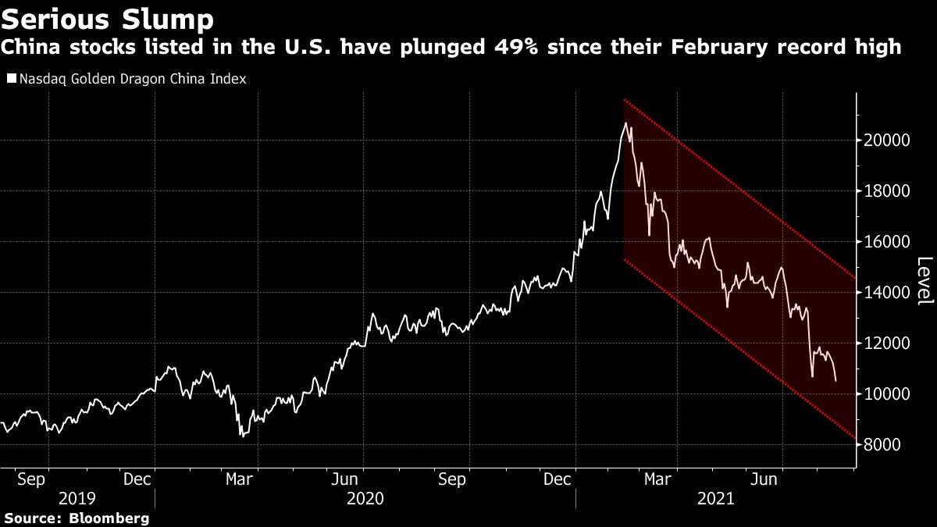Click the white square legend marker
point(10,79)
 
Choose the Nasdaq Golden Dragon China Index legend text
point(132,79)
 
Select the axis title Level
point(924,281)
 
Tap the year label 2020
point(365,497)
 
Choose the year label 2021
point(715,497)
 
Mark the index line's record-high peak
point(625,123)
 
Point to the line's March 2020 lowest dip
point(242,436)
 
